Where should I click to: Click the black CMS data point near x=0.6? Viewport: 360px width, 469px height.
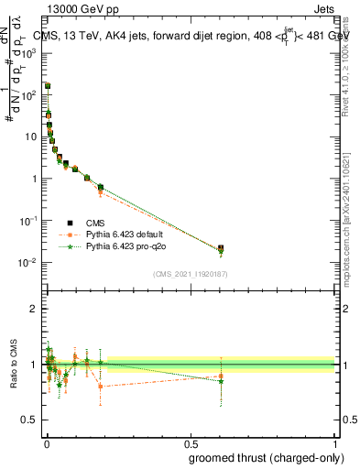[x=221, y=248]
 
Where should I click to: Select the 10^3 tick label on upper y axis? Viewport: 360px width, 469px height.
[x=29, y=53]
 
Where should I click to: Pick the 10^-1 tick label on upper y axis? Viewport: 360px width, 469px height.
[x=29, y=221]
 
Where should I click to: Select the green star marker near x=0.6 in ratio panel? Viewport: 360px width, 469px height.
[x=221, y=381]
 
